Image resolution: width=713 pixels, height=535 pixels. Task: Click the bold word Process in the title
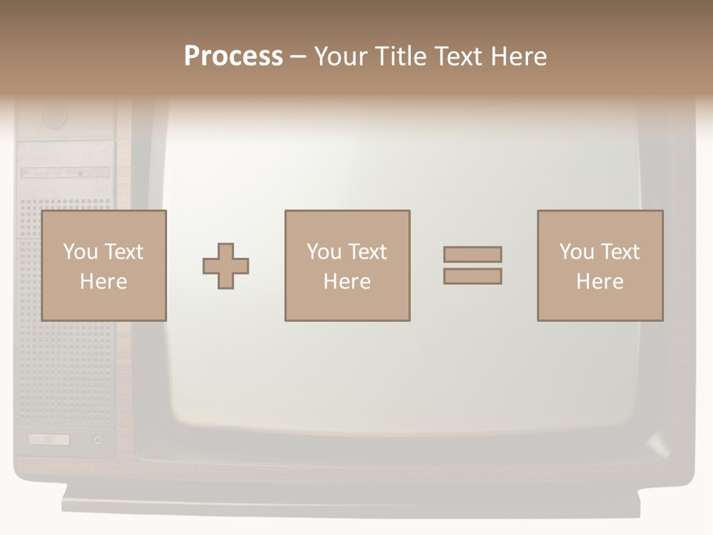233,56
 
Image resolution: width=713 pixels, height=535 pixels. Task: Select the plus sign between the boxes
226,266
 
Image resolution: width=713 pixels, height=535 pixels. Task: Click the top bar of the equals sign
472,254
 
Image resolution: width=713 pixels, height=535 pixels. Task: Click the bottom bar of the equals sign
472,276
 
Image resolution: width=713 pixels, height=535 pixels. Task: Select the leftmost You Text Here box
103,265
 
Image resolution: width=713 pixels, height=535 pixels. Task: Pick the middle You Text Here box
347,265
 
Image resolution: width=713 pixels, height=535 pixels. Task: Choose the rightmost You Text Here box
600,265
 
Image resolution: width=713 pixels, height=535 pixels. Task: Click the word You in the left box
79,252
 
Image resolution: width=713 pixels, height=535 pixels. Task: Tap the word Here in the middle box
347,282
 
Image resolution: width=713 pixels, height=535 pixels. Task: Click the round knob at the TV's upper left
54,116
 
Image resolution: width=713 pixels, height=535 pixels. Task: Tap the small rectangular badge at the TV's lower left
49,440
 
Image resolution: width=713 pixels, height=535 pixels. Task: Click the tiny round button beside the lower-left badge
98,441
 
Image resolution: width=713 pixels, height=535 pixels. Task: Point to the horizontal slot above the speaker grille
65,172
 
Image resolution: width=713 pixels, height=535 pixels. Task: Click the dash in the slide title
298,57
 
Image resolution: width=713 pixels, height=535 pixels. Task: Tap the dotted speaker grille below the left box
65,372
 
